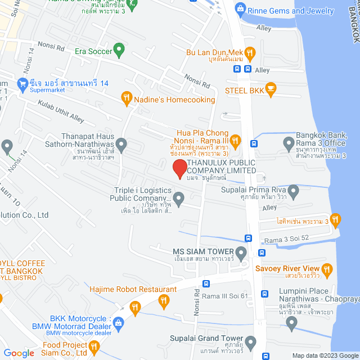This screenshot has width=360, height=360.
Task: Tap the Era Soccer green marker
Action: pos(119,51)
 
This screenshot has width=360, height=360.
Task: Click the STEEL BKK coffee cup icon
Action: pos(271,89)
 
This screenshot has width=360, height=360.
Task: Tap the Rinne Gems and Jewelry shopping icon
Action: pos(241,10)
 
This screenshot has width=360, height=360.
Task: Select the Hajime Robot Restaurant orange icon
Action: pos(164,301)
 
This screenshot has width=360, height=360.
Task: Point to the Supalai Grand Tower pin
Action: pos(250,341)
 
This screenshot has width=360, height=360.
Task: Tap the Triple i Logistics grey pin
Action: pos(178,197)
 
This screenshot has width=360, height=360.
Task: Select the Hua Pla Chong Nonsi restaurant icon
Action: pos(236,139)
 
